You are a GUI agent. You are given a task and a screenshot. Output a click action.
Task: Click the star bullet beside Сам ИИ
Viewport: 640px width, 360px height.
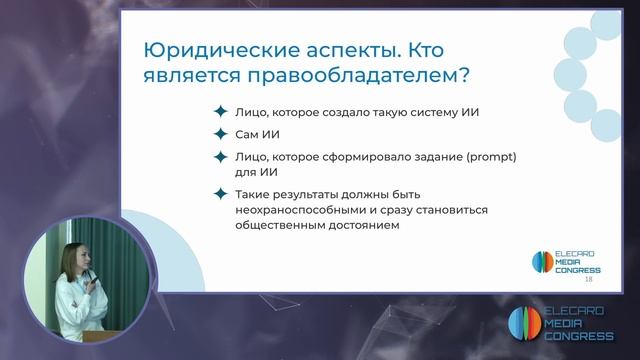click(219, 134)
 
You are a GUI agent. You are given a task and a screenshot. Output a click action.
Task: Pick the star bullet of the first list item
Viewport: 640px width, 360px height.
click(219, 112)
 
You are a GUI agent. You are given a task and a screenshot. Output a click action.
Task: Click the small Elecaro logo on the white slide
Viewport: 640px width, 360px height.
click(541, 262)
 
